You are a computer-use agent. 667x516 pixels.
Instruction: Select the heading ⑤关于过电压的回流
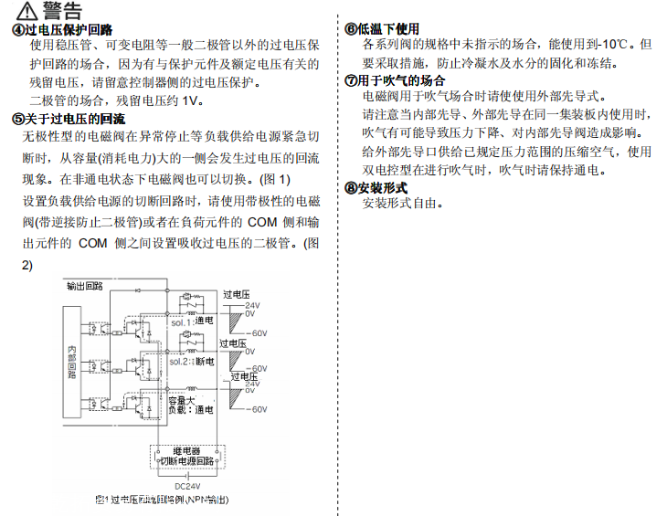pos(69,119)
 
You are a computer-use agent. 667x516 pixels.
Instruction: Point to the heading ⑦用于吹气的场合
pos(394,80)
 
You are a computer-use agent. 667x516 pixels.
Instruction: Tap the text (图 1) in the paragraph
pos(274,178)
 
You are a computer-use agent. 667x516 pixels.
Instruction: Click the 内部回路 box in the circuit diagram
pos(72,363)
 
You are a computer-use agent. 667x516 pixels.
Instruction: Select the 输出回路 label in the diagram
pos(85,286)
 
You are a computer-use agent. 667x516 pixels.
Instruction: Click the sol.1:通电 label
pos(191,322)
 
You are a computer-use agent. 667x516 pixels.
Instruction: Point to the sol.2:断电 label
pos(191,363)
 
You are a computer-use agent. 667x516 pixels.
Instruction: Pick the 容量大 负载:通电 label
pos(190,405)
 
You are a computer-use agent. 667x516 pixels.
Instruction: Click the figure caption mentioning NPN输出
pos(160,500)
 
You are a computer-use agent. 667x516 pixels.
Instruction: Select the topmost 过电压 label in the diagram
pos(236,294)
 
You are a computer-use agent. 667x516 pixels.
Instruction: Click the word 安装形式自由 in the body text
pos(401,204)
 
